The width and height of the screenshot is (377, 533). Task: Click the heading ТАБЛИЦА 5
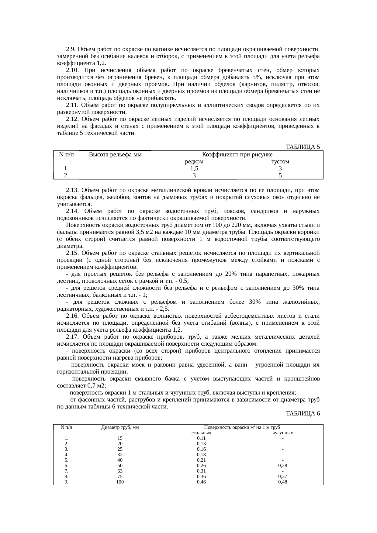tap(303, 147)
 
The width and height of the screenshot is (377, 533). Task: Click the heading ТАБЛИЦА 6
tap(303, 413)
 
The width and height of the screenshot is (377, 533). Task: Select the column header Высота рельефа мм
tap(115, 155)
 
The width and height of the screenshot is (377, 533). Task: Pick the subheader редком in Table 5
tap(194, 162)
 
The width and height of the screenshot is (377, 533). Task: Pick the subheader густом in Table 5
tap(280, 162)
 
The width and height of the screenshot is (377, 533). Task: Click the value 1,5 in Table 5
tap(194, 169)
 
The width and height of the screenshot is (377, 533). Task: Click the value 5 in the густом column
tap(280, 175)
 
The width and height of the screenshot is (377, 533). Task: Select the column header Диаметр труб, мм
tap(120, 427)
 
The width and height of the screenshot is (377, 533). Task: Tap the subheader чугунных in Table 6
tap(283, 433)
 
